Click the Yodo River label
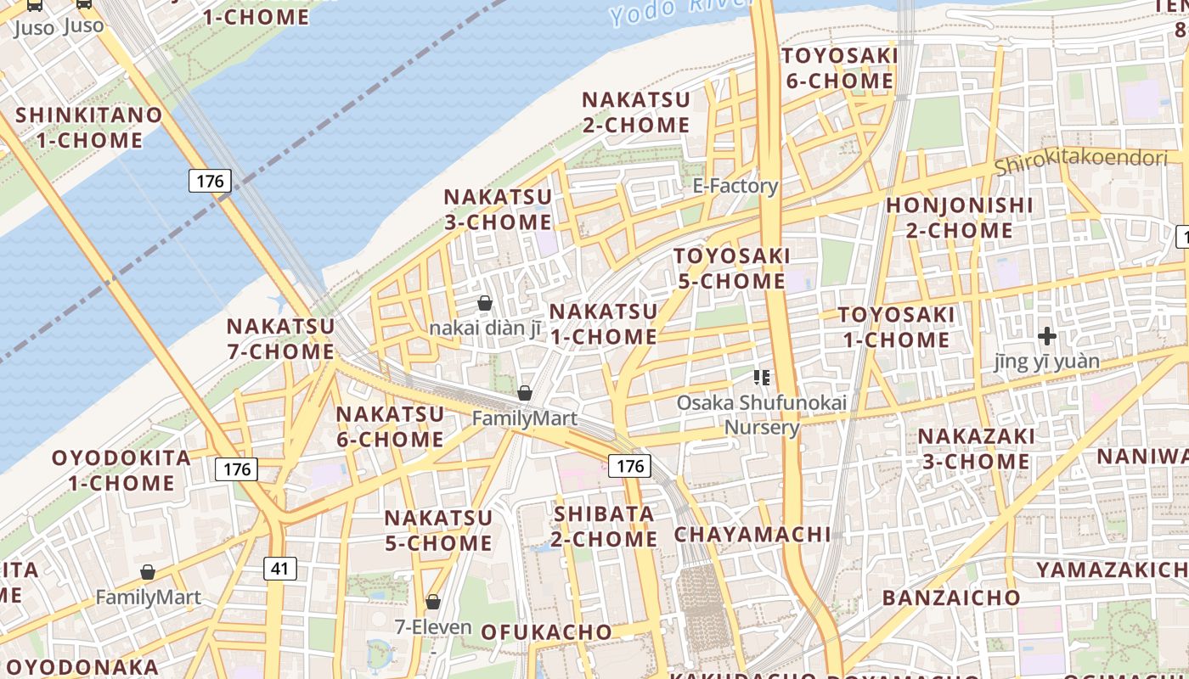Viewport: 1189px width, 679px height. click(x=671, y=9)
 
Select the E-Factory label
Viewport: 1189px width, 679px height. click(x=735, y=186)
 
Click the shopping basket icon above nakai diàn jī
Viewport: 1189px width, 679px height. click(x=485, y=303)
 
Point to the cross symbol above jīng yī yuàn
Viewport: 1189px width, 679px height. click(x=1046, y=336)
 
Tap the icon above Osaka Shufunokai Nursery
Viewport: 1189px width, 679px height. click(x=761, y=378)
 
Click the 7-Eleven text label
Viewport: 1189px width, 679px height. click(x=433, y=627)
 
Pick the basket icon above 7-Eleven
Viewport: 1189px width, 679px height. click(x=433, y=602)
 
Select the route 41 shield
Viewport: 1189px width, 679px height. click(x=280, y=568)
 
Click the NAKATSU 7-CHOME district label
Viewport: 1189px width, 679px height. click(x=280, y=338)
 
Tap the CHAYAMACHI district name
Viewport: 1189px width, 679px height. click(x=752, y=534)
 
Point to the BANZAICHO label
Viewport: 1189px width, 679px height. click(x=951, y=598)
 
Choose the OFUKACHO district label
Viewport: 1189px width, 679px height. click(x=546, y=631)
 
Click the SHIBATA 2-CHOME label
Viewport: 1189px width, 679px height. click(x=604, y=526)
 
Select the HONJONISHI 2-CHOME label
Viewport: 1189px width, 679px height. click(x=960, y=217)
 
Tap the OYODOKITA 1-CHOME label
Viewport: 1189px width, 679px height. click(x=121, y=470)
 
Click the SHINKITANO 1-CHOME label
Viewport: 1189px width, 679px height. click(x=89, y=127)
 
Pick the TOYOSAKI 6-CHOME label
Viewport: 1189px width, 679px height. click(x=840, y=69)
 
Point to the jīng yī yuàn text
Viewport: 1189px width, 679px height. click(x=1046, y=362)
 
